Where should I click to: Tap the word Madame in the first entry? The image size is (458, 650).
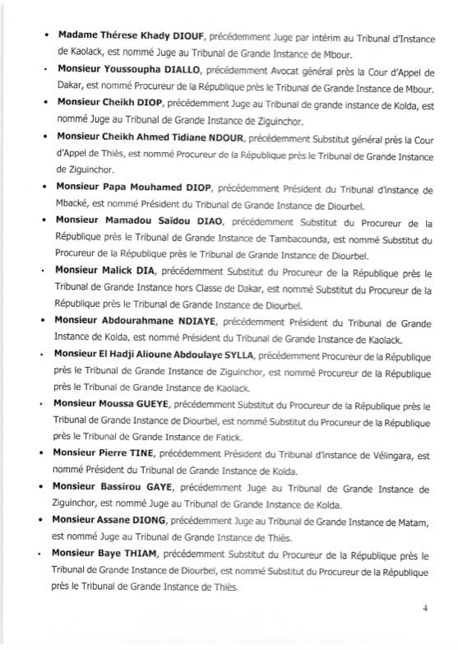click(x=78, y=36)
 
